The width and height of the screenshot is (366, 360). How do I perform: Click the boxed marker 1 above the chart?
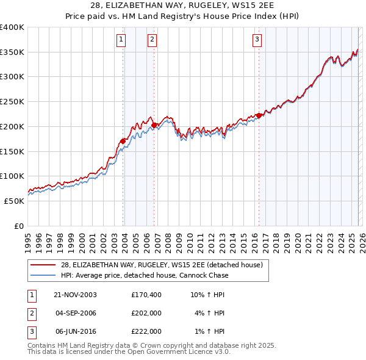[x=121, y=40]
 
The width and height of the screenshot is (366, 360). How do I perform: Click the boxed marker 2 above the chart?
[x=151, y=40]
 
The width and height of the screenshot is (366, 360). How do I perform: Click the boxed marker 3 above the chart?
[x=257, y=40]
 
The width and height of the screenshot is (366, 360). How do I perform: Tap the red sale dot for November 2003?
[x=123, y=141]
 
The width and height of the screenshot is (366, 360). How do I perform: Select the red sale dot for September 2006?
[x=154, y=125]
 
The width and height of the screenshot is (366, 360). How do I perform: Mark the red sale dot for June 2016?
[x=259, y=115]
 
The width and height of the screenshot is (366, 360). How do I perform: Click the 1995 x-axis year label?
[x=27, y=239]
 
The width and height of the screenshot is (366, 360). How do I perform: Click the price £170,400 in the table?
[x=146, y=295]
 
